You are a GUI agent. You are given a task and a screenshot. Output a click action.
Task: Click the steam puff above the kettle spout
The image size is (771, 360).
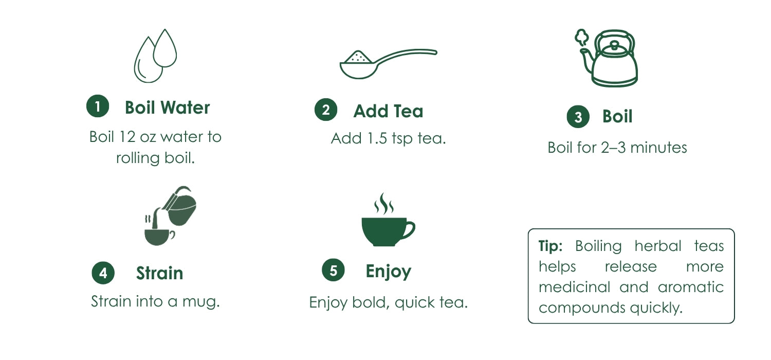coord(582,38)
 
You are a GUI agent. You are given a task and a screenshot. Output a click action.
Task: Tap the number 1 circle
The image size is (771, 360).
coord(98,106)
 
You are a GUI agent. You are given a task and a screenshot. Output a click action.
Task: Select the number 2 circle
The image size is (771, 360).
coord(325,110)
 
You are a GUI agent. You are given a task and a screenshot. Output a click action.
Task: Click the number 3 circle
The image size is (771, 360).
coord(578,116)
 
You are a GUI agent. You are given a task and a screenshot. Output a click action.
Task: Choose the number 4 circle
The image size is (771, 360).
coord(103,273)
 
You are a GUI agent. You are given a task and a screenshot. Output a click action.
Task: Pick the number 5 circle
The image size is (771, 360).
coord(333,270)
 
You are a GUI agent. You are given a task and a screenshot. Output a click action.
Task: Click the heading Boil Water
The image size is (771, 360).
coord(167,107)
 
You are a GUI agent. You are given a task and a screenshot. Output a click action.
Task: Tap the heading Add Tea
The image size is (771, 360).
coord(388,111)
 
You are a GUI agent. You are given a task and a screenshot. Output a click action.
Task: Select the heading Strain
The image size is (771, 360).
coord(159,273)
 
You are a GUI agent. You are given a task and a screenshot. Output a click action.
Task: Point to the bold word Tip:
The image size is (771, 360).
coord(550,246)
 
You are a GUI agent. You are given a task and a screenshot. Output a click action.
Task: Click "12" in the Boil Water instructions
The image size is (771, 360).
coord(127,137)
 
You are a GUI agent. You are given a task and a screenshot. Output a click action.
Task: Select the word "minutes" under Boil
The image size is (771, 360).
coord(658,148)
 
